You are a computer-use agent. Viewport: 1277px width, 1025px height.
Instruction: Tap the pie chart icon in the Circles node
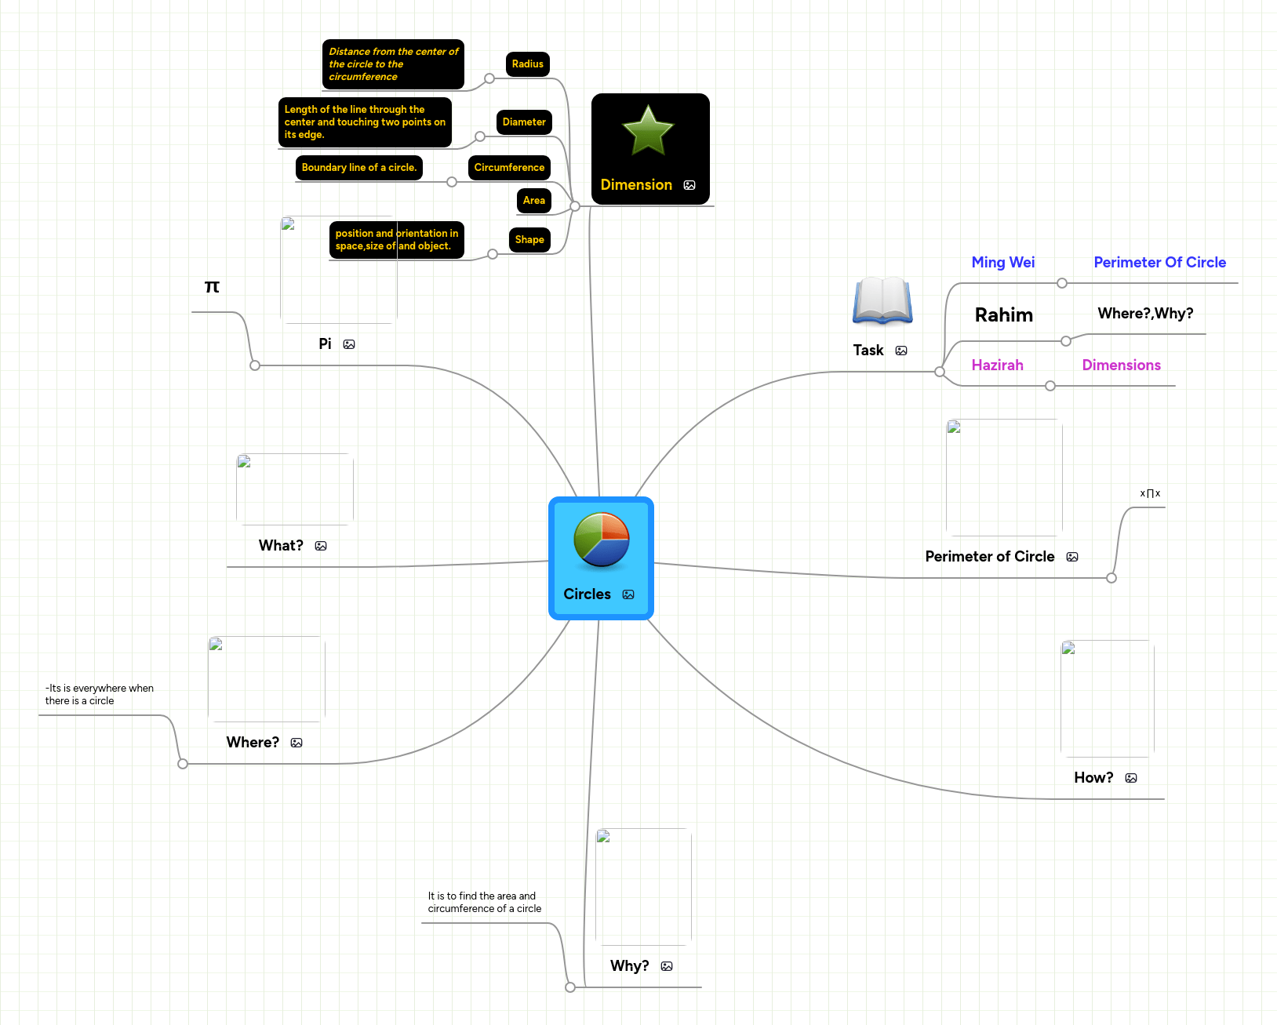pyautogui.click(x=602, y=540)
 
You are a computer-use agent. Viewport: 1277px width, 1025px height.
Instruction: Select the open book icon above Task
pyautogui.click(x=882, y=300)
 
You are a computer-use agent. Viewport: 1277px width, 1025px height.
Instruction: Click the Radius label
pyautogui.click(x=528, y=64)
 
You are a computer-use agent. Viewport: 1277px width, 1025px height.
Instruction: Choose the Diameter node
pyautogui.click(x=524, y=122)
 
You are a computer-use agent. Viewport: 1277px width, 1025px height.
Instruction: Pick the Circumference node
pyautogui.click(x=509, y=168)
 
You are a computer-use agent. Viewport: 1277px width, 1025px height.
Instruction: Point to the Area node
pyautogui.click(x=534, y=201)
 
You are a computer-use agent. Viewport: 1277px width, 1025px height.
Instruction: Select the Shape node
pyautogui.click(x=529, y=240)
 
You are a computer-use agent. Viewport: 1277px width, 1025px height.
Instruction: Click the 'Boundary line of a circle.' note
pyautogui.click(x=359, y=168)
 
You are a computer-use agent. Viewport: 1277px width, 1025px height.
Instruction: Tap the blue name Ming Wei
pyautogui.click(x=1003, y=263)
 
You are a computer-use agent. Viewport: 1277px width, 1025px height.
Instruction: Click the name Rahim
pyautogui.click(x=1004, y=315)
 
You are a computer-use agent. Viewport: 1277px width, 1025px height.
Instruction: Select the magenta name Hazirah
pyautogui.click(x=998, y=365)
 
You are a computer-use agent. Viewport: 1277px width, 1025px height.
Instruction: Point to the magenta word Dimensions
pyautogui.click(x=1122, y=365)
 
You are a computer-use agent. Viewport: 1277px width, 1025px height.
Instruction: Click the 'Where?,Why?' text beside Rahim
pyautogui.click(x=1146, y=314)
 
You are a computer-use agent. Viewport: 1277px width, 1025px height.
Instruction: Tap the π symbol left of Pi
pyautogui.click(x=212, y=287)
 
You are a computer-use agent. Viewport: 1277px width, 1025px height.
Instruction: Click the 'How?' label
pyautogui.click(x=1094, y=778)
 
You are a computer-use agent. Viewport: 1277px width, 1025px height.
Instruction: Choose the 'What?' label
pyautogui.click(x=281, y=546)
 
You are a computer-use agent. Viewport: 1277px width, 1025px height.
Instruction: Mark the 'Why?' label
pyautogui.click(x=630, y=966)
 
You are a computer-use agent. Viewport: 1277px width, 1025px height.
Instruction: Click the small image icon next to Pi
pyautogui.click(x=350, y=344)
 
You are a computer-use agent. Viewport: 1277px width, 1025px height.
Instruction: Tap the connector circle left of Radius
pyautogui.click(x=489, y=78)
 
